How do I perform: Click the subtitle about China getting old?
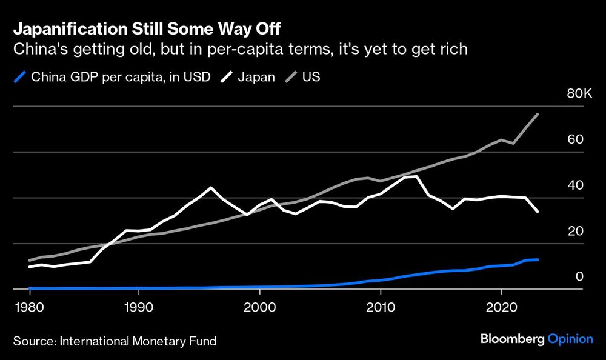(240, 49)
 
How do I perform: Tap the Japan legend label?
(257, 78)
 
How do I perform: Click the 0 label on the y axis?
(579, 277)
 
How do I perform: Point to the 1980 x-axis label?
(30, 307)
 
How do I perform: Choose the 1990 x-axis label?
(139, 307)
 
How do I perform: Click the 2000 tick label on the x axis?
(259, 307)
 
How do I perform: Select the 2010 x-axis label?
(380, 307)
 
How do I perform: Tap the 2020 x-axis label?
(501, 307)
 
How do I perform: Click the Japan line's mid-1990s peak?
(211, 187)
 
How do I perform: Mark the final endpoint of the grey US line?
(538, 114)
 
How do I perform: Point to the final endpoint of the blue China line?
(538, 259)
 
